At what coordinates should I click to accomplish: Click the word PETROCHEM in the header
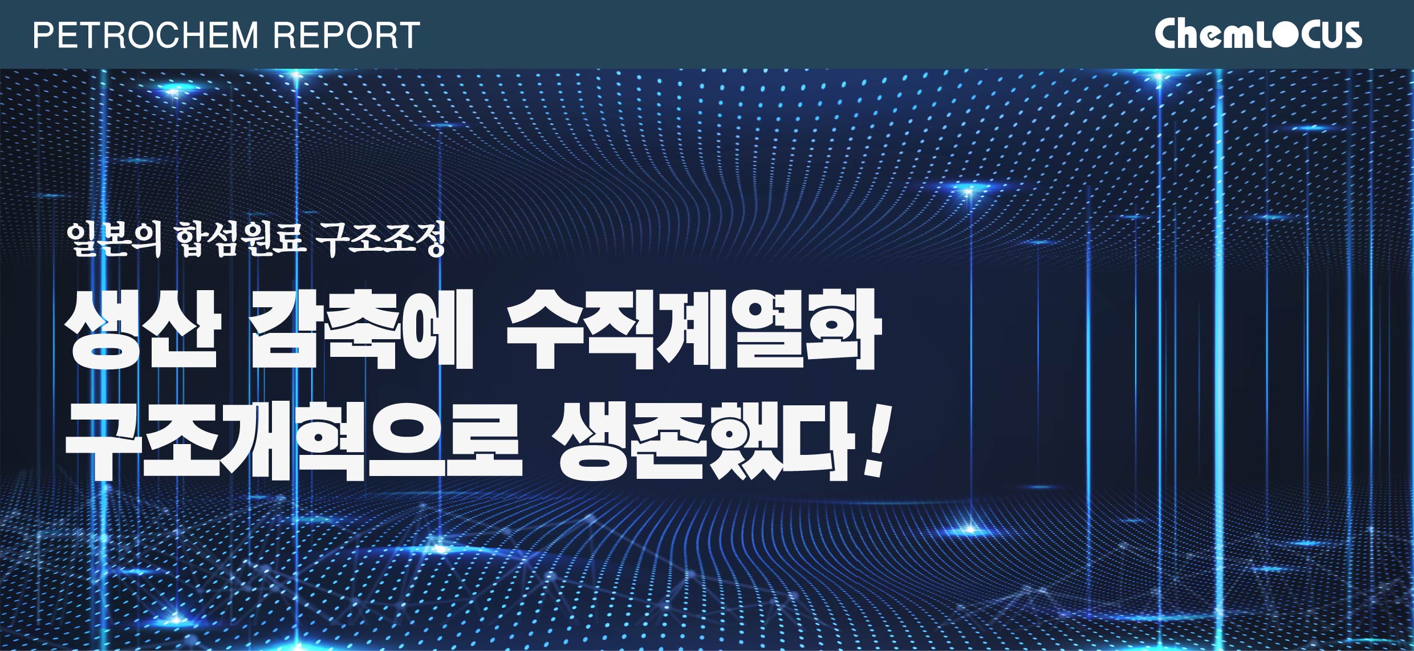146,35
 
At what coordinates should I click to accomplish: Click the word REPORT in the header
347,35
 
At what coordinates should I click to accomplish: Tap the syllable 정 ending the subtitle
429,239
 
